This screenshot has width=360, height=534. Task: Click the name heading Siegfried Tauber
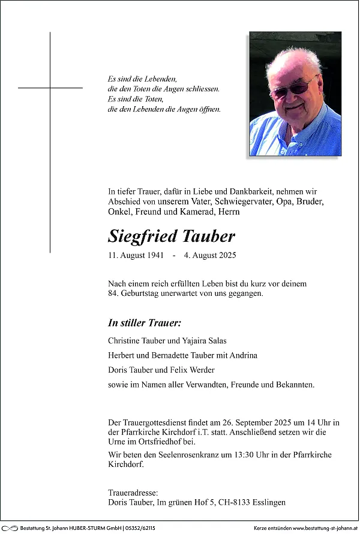click(172, 236)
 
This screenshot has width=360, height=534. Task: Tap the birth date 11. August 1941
click(135, 256)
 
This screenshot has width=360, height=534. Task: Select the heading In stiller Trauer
click(144, 323)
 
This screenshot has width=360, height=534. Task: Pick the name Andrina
click(242, 355)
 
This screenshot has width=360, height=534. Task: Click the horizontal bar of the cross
click(50, 88)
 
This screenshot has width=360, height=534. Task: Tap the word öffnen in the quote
click(209, 110)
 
